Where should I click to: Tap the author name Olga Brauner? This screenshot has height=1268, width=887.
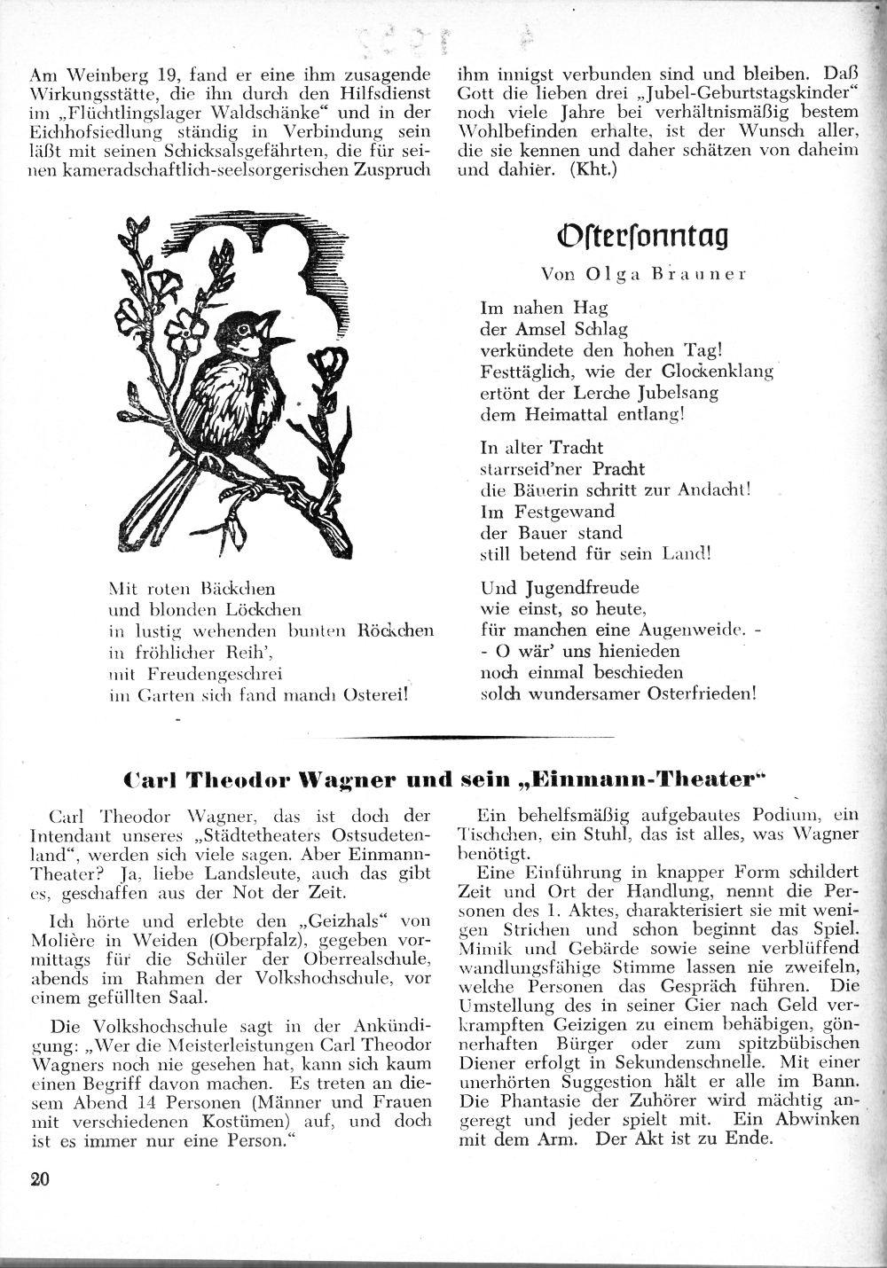point(644,274)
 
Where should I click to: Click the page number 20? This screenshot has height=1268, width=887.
point(40,1178)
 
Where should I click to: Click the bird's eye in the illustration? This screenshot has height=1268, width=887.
point(244,331)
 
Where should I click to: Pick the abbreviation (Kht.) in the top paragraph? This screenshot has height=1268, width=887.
point(589,168)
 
